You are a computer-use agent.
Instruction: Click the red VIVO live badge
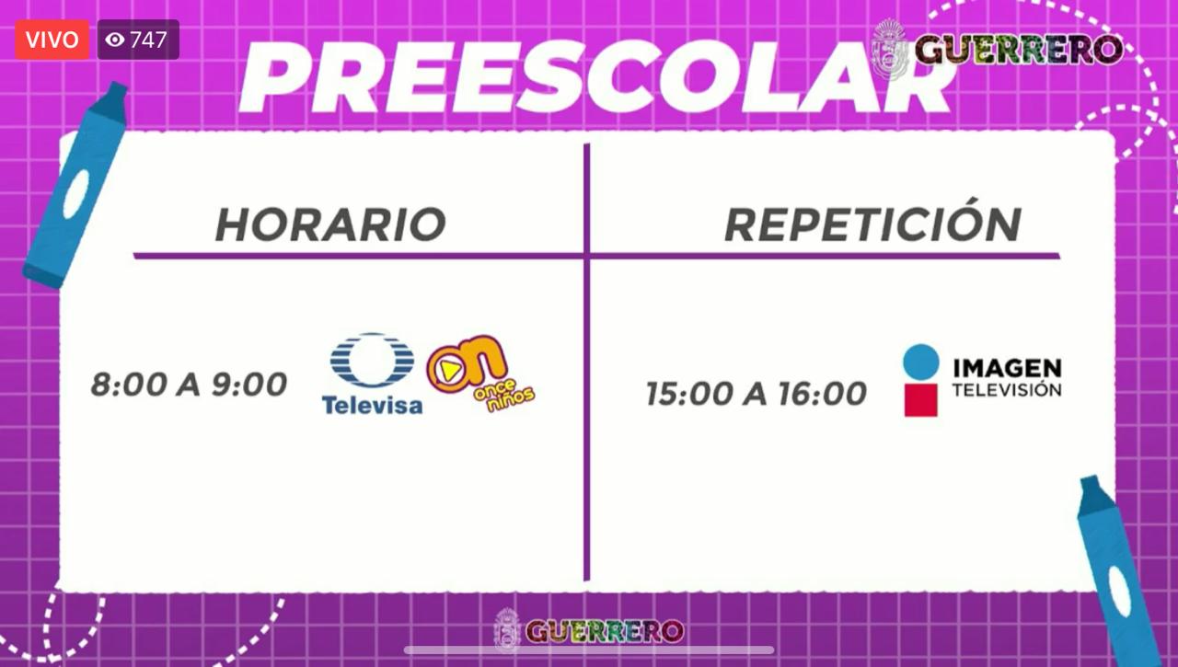tap(52, 40)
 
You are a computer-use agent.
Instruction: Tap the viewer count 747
tap(149, 40)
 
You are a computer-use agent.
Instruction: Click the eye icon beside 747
tap(115, 40)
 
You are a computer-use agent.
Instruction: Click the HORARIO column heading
tap(330, 224)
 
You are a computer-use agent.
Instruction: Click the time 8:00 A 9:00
tap(190, 385)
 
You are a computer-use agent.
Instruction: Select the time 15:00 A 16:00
tap(756, 393)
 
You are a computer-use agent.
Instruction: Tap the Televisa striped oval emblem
tap(373, 361)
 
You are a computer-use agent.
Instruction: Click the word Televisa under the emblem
tap(373, 405)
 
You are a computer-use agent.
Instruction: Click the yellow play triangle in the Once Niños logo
tap(450, 371)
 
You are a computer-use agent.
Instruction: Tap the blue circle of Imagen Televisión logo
tap(921, 362)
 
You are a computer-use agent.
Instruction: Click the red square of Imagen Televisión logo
tap(921, 400)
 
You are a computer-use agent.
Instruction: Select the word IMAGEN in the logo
tap(1007, 368)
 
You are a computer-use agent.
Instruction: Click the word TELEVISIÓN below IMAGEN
tap(1007, 389)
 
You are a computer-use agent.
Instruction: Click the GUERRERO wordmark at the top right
tap(1019, 50)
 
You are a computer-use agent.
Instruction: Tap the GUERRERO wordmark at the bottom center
tap(605, 631)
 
